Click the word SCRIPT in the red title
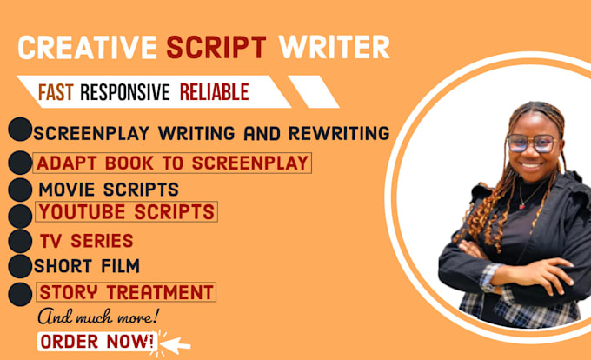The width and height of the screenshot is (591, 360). (216, 48)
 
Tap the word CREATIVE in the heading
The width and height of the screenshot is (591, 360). (88, 48)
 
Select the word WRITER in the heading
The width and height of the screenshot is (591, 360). (334, 48)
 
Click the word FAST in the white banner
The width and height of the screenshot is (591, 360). (56, 92)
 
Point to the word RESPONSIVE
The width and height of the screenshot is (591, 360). (125, 92)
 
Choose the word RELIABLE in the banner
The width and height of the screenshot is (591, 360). (214, 92)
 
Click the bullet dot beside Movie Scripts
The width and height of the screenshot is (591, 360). (20, 190)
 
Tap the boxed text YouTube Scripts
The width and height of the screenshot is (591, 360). (127, 212)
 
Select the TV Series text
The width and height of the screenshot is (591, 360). (87, 241)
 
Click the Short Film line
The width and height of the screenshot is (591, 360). (87, 266)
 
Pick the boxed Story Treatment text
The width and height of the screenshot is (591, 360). (126, 292)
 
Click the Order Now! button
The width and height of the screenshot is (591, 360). (96, 342)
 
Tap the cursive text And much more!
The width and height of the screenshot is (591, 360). (98, 317)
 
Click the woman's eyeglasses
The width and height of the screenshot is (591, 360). (533, 143)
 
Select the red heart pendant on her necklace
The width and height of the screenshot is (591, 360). (522, 206)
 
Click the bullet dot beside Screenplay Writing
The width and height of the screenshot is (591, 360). (20, 129)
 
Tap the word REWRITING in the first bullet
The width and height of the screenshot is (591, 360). (339, 133)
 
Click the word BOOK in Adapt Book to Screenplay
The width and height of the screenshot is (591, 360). (129, 163)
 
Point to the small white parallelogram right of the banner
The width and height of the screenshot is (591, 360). (314, 91)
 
